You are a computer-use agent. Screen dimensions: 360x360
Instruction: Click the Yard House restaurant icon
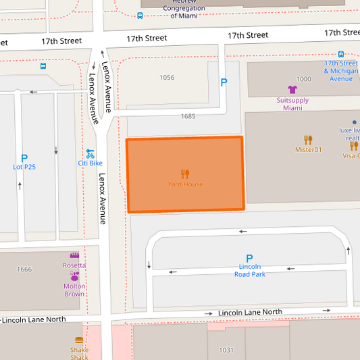[185, 174]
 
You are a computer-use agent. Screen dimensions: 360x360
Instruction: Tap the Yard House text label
[185, 184]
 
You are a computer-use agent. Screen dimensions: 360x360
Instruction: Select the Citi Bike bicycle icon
[90, 153]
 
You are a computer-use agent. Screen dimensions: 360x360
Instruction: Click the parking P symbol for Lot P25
[24, 157]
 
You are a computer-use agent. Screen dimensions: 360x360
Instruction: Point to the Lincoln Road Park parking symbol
[249, 259]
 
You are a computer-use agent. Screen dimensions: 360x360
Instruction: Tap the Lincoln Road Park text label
[249, 270]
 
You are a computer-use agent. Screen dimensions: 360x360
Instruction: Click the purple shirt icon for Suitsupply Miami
[292, 89]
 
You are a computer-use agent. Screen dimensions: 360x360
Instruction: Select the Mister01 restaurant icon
[308, 140]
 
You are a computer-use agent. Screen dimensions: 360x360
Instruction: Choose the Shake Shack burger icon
[79, 340]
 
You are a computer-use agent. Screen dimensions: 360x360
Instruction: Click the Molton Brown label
[74, 290]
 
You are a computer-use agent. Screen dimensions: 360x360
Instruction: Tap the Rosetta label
[74, 265]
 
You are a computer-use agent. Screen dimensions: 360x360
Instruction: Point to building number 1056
[167, 78]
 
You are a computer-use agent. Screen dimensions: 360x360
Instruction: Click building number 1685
[188, 116]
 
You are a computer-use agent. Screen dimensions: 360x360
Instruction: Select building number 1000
[304, 79]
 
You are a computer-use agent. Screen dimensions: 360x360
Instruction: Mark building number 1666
[24, 269]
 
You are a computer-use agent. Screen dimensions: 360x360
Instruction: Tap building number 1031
[226, 350]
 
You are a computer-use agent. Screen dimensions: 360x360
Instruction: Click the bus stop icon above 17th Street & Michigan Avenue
[340, 54]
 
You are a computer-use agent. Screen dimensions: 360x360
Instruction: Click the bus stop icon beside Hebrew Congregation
[140, 16]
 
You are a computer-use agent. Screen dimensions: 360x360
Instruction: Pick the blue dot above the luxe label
[354, 122]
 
